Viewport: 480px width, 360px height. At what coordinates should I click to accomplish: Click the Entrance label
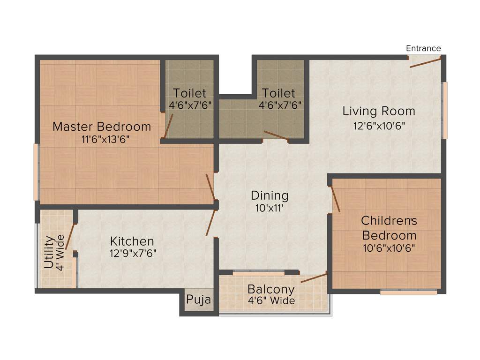point(423,48)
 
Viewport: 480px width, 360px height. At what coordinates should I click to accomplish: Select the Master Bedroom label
point(102,127)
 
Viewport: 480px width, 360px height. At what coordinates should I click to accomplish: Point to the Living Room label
point(379,112)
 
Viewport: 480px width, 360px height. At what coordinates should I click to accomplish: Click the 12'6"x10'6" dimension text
point(379,125)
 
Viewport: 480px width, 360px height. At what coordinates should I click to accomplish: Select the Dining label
point(270,195)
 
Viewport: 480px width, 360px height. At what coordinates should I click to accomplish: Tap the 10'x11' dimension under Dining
point(270,208)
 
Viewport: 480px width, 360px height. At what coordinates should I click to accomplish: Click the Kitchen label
point(132,241)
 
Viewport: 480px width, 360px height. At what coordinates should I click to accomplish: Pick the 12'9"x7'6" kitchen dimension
point(133,253)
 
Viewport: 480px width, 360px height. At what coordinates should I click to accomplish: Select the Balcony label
point(271,289)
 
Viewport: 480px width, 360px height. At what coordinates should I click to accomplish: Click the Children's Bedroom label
point(389,228)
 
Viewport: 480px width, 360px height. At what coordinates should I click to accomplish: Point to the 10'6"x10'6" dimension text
point(389,247)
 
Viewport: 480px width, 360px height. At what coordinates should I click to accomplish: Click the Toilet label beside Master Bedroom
point(189,93)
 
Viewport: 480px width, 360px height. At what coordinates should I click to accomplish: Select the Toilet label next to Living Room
point(278,93)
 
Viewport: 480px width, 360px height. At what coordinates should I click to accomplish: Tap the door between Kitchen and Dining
point(211,223)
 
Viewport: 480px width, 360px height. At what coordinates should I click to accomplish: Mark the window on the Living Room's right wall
point(445,110)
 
